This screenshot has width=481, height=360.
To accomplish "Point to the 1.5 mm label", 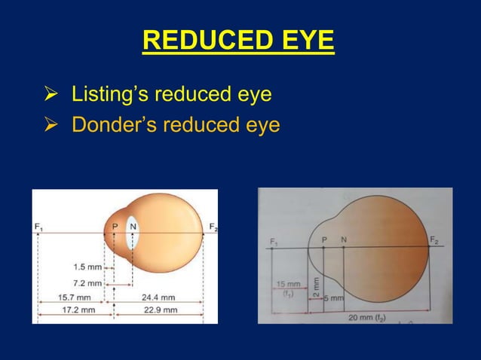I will point(84,267).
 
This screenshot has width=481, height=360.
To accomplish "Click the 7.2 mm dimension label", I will point(84,282).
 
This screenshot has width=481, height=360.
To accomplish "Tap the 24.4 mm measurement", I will point(157,297).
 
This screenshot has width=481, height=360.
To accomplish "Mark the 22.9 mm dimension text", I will point(157,310).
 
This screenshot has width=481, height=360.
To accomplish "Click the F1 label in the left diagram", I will point(38,227).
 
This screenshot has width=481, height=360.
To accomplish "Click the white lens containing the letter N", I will point(134,234).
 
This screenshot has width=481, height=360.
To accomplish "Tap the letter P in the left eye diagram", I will point(115,226).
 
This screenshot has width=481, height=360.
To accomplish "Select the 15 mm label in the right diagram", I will point(287,285).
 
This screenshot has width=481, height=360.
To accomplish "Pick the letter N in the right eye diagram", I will point(344,239).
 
